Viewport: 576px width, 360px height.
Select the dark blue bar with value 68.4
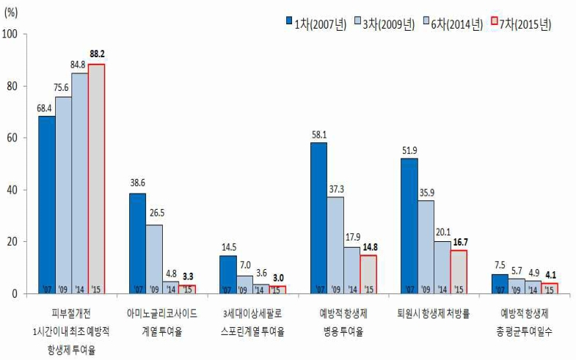point(46,205)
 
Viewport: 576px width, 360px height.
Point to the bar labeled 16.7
point(459,271)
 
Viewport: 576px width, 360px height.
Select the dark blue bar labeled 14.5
point(227,274)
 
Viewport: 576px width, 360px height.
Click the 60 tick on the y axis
point(14,138)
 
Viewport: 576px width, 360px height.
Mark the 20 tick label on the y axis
point(14,242)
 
